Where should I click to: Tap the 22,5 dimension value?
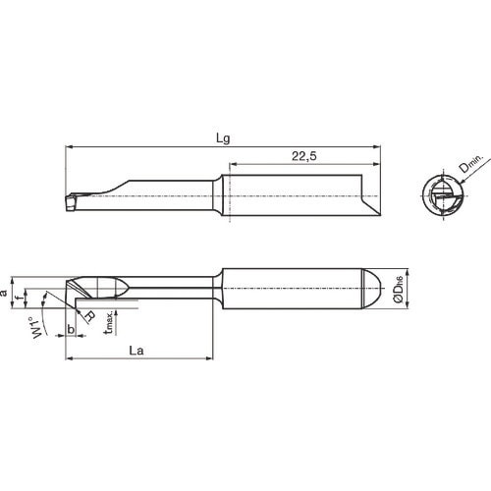tap(305, 155)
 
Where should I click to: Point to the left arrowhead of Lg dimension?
tap(69, 147)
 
